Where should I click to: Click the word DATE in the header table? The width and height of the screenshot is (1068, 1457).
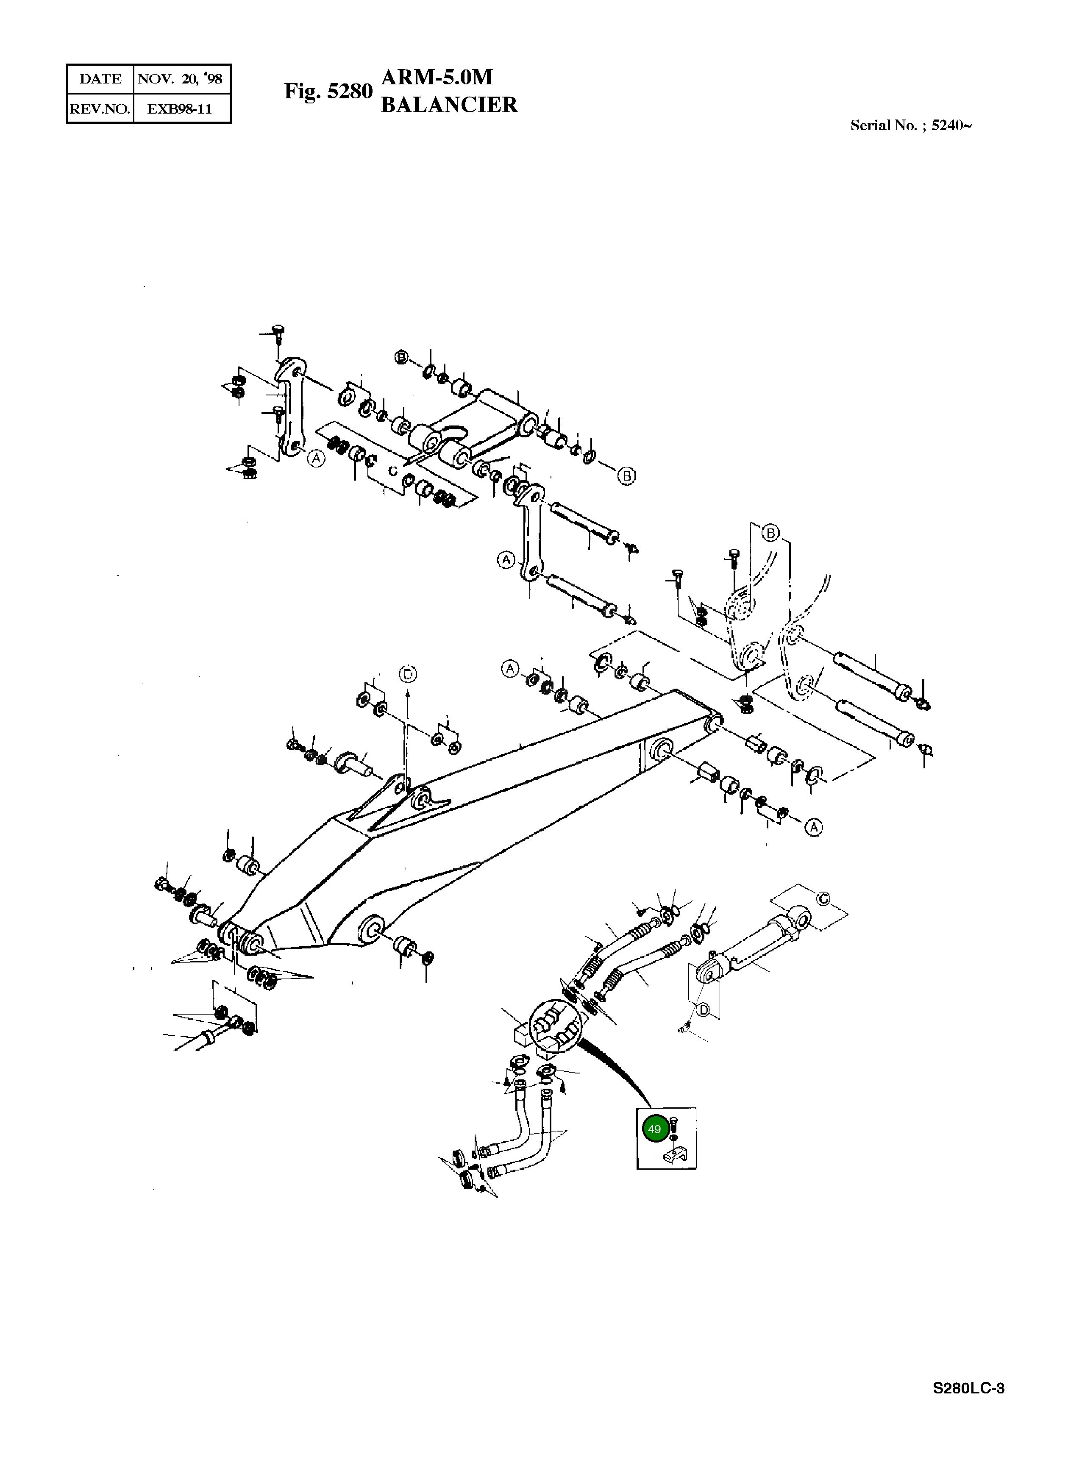[x=100, y=79]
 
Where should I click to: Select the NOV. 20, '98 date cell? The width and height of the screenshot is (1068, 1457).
[x=181, y=79]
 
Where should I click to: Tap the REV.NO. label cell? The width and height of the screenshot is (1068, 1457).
[x=100, y=108]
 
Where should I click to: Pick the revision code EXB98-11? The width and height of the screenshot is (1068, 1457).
[x=181, y=108]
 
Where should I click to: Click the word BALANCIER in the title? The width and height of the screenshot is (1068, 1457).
[x=449, y=105]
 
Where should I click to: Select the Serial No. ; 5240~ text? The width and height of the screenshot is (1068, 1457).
[x=910, y=125]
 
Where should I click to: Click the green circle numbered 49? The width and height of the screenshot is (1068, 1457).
[x=654, y=1129]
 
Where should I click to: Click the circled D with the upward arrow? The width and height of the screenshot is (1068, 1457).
[x=407, y=675]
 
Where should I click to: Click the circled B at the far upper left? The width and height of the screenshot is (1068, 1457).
[x=402, y=357]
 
